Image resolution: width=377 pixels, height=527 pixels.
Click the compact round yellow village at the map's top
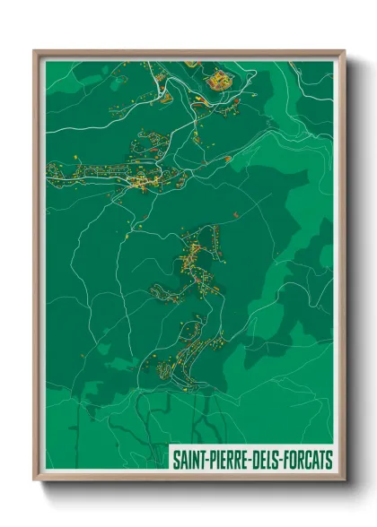coord(219,83)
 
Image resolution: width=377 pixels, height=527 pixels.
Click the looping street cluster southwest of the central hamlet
coord(166,291)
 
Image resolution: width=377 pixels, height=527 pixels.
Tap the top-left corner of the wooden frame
coord(35,52)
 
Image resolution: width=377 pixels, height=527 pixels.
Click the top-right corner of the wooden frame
coord(344,52)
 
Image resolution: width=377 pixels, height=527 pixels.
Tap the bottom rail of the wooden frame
coord(189,479)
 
